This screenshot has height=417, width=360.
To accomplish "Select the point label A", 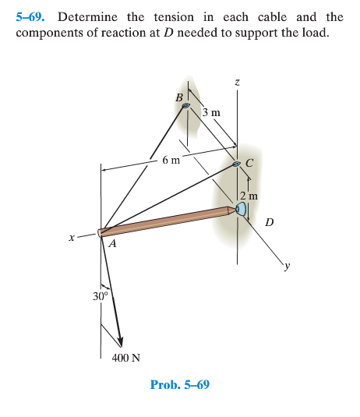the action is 112,244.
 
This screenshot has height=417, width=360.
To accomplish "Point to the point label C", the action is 249,163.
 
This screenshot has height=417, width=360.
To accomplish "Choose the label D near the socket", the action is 270,222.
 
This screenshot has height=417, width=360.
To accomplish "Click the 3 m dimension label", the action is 211,112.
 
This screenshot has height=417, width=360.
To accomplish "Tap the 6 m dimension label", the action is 171,160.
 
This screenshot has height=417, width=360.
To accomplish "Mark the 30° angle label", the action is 100,296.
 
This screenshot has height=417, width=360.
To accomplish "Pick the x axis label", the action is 72,239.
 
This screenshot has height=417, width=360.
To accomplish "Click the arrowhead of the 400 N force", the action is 120,341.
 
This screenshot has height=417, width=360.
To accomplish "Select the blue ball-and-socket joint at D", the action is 241,209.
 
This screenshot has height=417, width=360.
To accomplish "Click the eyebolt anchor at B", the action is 186,111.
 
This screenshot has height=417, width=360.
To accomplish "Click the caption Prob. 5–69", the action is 179,385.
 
